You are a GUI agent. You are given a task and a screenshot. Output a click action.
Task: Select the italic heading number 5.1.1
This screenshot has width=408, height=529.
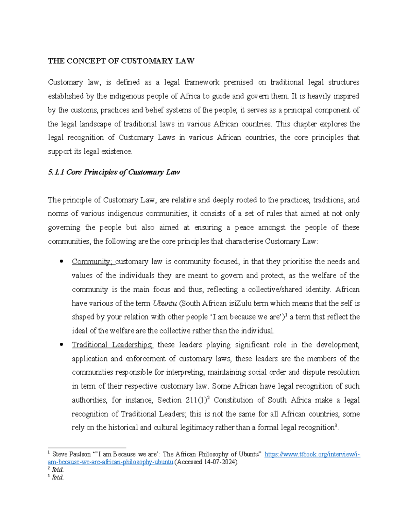pyautogui.click(x=56, y=172)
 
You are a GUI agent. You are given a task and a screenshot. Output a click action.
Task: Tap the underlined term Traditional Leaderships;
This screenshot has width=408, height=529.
pyautogui.click(x=113, y=345)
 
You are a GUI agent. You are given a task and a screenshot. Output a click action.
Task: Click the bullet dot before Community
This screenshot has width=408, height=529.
pyautogui.click(x=62, y=262)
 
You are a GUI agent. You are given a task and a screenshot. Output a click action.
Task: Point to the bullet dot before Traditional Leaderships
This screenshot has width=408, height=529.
pyautogui.click(x=62, y=345)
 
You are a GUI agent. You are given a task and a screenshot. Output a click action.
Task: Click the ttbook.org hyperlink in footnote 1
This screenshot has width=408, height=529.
pyautogui.click(x=312, y=454)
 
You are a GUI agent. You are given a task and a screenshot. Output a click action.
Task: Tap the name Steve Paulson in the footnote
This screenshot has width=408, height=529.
pyautogui.click(x=71, y=454)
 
